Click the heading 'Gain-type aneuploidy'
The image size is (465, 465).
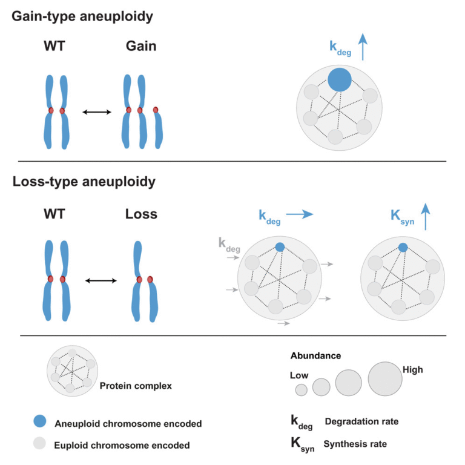pyautogui.click(x=82, y=16)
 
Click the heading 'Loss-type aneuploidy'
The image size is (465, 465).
pyautogui.click(x=84, y=181)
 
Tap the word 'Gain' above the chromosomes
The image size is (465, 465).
pyautogui.click(x=141, y=46)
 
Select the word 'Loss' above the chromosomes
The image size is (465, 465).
pyautogui.click(x=141, y=214)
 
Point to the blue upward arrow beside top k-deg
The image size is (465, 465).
pyautogui.click(x=363, y=47)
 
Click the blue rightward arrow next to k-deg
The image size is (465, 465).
pyautogui.click(x=299, y=214)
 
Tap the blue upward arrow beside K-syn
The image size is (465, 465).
pyautogui.click(x=425, y=216)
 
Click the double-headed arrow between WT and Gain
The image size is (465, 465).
pyautogui.click(x=97, y=112)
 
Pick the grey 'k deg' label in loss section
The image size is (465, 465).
pyautogui.click(x=228, y=245)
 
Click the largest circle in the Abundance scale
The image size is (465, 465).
pyautogui.click(x=384, y=378)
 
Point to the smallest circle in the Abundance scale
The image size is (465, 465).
pyautogui.click(x=301, y=390)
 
